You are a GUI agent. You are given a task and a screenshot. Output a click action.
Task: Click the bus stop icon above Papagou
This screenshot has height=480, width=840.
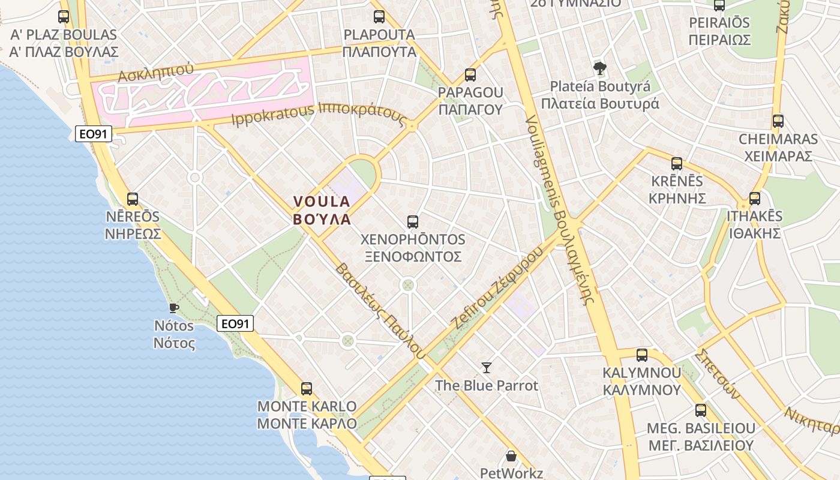coord(470,75)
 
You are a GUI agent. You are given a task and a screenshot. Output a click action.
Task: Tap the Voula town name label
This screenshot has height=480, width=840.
coord(322,210)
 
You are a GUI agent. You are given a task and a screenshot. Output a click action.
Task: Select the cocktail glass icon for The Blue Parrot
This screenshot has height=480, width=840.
coord(487,367)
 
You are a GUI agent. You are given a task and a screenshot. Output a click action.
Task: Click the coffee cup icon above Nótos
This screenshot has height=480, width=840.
coord(174,308)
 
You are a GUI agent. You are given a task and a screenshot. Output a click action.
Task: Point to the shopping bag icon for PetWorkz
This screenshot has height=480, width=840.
coord(511,456)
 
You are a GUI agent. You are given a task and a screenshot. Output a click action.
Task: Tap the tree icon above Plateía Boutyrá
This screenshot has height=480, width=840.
coord(599,68)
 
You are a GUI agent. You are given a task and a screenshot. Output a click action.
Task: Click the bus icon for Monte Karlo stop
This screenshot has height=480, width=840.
coord(307,388)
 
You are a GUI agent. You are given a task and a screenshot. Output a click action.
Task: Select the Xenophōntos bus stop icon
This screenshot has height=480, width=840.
coord(413,221)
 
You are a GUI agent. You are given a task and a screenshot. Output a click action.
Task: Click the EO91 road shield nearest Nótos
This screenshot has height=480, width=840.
coord(235,324)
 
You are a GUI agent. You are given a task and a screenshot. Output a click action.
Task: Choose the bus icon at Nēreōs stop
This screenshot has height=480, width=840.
coord(133,199)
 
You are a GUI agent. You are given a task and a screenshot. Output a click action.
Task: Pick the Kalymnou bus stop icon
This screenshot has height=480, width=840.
coord(642,355)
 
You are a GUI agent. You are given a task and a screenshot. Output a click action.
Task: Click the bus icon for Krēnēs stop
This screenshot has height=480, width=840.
coord(677,163)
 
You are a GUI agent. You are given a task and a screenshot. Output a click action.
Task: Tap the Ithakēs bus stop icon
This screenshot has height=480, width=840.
coord(755,198)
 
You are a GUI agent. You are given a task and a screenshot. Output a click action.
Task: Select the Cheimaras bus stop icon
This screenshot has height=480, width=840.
coord(778,121)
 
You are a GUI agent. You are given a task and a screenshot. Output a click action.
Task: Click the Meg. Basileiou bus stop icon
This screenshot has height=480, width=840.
coord(701,410)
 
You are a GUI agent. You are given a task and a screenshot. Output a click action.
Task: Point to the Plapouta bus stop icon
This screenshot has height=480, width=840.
coord(379,17)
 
